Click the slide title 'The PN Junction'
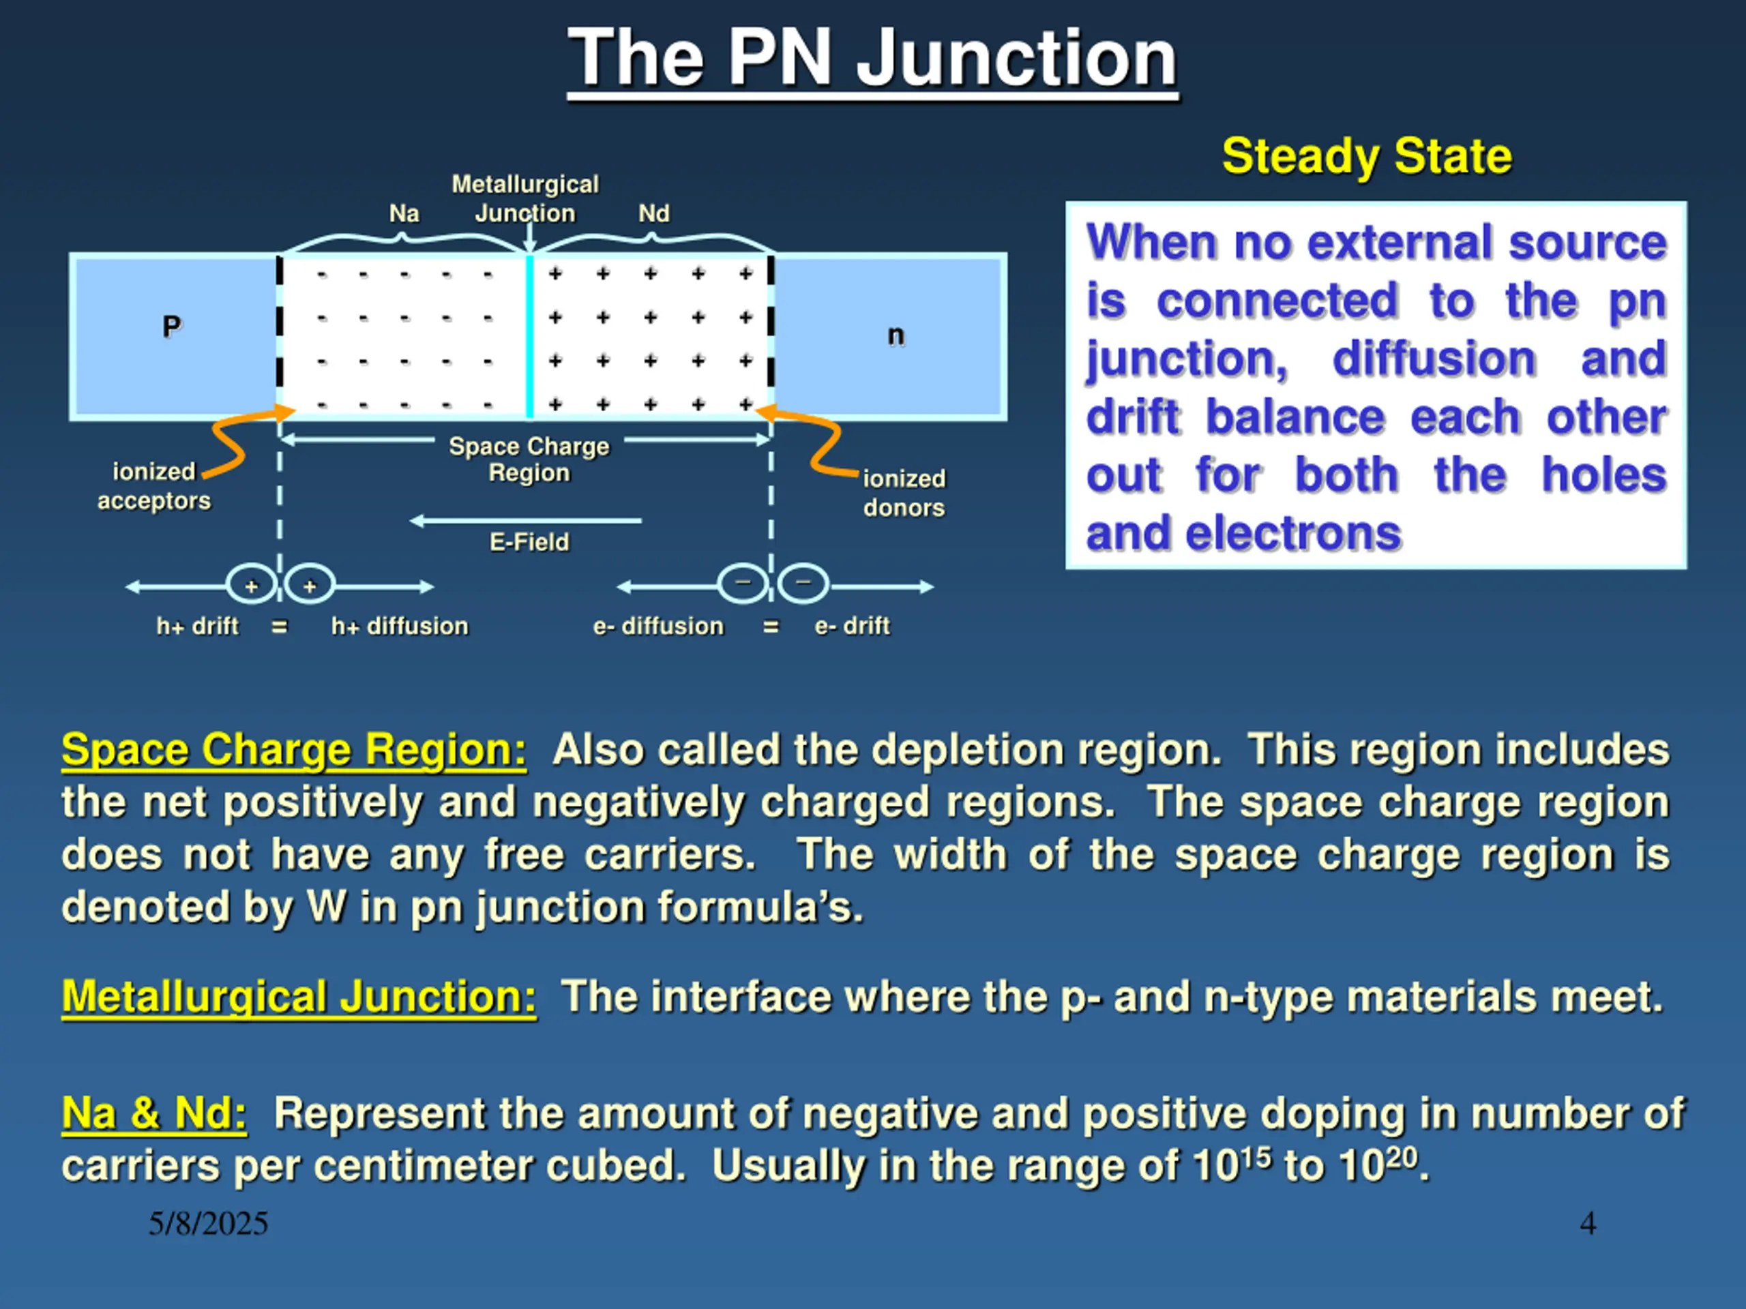[872, 57]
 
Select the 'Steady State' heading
[1366, 155]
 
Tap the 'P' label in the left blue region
[171, 326]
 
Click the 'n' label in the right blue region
[895, 335]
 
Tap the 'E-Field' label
[529, 542]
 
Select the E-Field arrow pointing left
[526, 521]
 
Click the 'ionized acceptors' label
[154, 486]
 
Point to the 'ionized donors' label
[904, 493]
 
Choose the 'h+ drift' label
[197, 627]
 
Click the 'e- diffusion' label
[658, 627]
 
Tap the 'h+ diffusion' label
[400, 627]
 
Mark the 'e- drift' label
[853, 627]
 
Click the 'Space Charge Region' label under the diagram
[529, 460]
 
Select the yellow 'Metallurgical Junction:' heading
[298, 997]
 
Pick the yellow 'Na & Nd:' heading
[154, 1113]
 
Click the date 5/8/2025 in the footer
[209, 1224]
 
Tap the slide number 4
[1587, 1224]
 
